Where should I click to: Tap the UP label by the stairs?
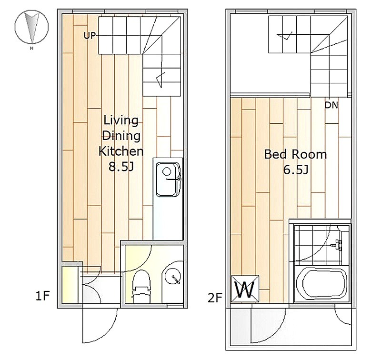pos(90,36)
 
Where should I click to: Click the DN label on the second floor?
pos(331,105)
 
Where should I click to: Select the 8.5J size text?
pos(121,167)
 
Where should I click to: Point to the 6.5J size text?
pos(296,170)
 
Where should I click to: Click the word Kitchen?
pos(121,151)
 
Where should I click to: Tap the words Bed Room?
pos(295,154)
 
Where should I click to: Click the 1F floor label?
pos(42,296)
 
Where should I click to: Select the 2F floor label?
pos(215,298)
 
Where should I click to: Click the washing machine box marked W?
pos(245,289)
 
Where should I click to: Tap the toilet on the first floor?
pos(140,287)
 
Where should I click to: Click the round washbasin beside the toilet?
pos(173,276)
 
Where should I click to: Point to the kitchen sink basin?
pos(167,180)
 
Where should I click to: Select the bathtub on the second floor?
pos(322,284)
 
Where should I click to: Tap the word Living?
pos(121,120)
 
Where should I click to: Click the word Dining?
pos(121,136)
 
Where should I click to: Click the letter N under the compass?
pos(31,49)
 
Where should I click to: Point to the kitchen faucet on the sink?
pos(173,180)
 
